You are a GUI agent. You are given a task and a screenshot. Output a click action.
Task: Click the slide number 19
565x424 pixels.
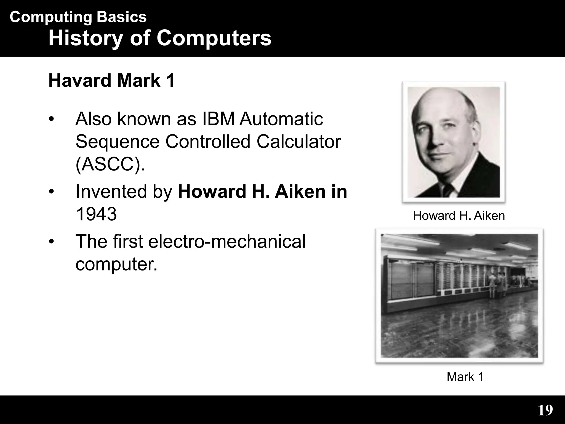545,410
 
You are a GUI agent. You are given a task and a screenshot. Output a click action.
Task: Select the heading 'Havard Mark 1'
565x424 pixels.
111,80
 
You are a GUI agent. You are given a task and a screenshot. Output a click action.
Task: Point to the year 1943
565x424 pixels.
96,214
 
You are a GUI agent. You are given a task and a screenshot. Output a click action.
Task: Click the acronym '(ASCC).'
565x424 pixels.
110,164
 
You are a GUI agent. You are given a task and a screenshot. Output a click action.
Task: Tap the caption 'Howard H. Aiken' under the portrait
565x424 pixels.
459,216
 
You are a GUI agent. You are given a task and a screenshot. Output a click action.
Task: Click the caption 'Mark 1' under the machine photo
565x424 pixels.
465,377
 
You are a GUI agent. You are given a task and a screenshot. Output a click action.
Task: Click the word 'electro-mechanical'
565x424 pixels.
227,241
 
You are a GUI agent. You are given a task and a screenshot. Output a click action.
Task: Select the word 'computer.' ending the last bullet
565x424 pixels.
116,264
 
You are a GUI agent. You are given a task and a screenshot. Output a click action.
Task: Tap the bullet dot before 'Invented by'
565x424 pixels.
51,192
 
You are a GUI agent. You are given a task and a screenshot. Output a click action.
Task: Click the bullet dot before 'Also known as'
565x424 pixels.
51,119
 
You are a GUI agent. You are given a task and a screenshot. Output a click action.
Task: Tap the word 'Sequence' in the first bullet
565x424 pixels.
117,142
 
